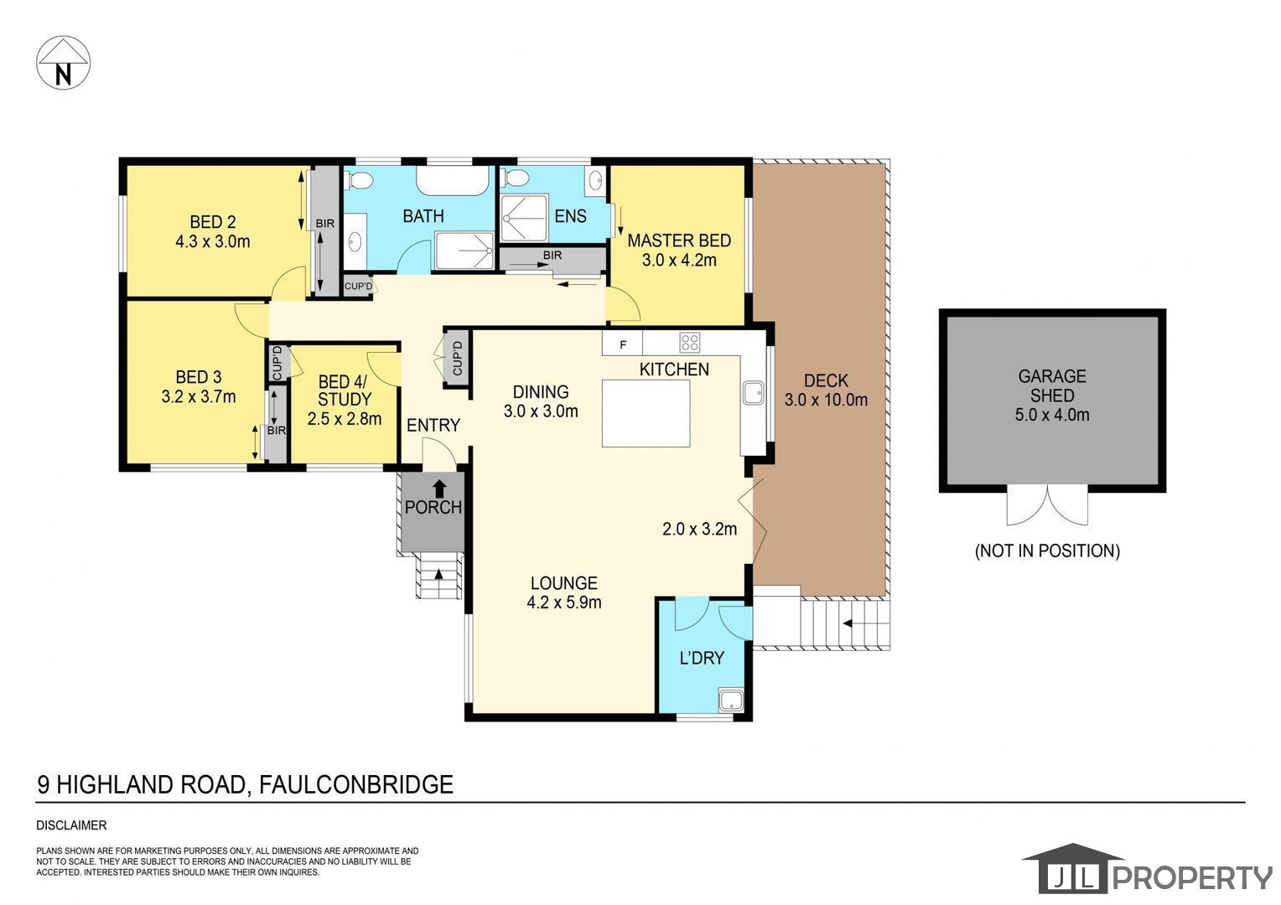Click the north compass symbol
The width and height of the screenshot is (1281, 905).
coord(63,62)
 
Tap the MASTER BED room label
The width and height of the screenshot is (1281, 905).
coord(679,240)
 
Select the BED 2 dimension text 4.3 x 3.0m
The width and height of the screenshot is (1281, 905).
coord(213,241)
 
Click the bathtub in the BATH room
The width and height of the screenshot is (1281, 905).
coord(453,181)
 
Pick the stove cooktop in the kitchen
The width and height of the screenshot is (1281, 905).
coord(690,343)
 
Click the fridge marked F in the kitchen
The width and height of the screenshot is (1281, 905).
coord(622,344)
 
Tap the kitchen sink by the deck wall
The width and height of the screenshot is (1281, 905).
coord(753,393)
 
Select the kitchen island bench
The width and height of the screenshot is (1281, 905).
coord(646,413)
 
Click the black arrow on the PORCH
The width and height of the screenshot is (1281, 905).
coord(439,489)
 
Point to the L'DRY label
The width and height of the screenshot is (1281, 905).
coord(702,658)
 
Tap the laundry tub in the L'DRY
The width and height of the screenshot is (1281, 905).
coord(731,701)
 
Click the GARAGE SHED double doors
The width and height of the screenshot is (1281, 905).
coord(1047,505)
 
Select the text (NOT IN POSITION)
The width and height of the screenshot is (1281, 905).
coord(1047,551)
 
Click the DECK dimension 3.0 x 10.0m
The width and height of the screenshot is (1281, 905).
coord(826,400)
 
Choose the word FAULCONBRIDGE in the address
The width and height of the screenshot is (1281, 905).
coord(356,784)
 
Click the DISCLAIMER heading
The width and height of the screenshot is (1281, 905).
coord(71,825)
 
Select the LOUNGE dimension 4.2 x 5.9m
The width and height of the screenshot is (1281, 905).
coord(564,602)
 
